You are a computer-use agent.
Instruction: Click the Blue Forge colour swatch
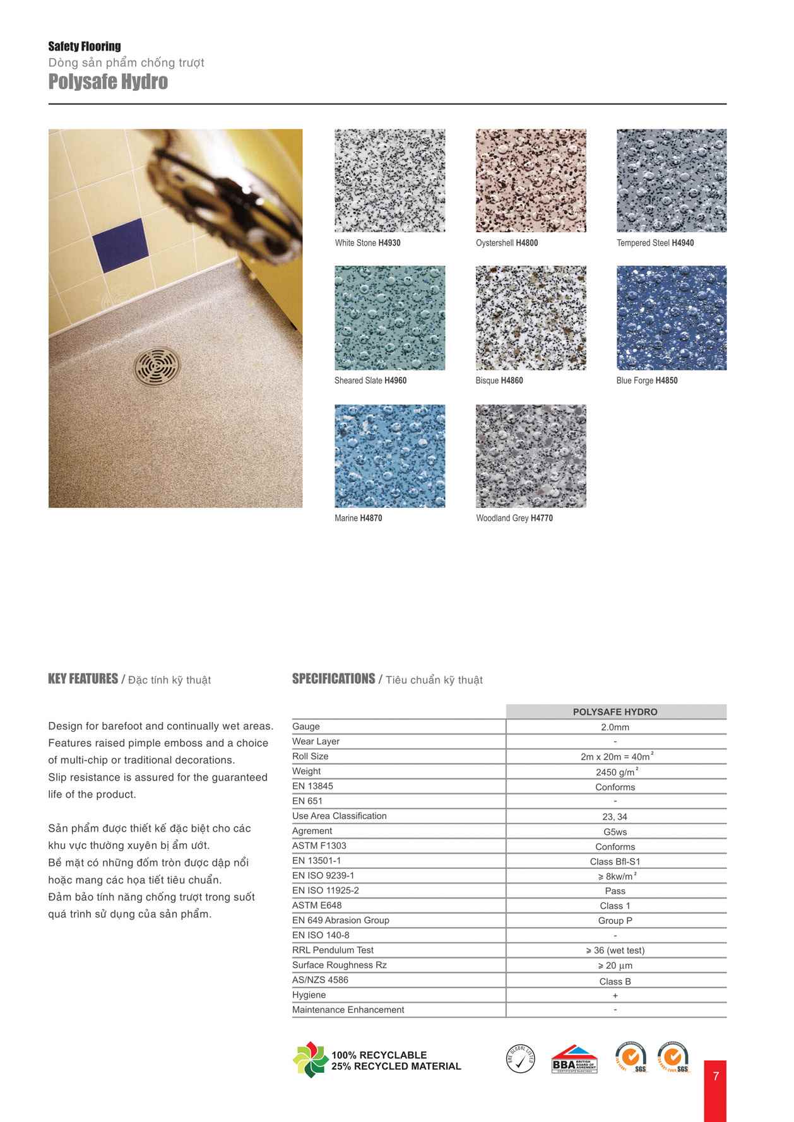(x=671, y=317)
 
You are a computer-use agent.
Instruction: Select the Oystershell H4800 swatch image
(x=530, y=180)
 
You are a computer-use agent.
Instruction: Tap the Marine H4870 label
(x=358, y=518)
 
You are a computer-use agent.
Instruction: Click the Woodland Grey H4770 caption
(x=514, y=518)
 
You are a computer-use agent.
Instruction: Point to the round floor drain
(x=156, y=366)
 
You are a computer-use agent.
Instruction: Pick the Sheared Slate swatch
(x=389, y=317)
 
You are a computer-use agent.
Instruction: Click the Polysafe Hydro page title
(x=108, y=82)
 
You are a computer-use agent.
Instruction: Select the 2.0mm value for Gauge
(x=615, y=727)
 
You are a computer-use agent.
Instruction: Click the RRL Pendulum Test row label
(x=333, y=950)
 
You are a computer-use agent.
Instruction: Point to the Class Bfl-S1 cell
(x=615, y=861)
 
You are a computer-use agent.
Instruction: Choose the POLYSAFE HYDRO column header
(x=615, y=712)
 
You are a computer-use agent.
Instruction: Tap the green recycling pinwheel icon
(x=310, y=1060)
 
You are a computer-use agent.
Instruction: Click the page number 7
(x=716, y=1076)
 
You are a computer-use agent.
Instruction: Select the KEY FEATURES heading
(x=83, y=679)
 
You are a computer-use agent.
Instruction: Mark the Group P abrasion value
(x=615, y=921)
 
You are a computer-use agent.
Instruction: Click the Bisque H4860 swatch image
(x=530, y=317)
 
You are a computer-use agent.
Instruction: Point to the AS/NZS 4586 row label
(x=320, y=980)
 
